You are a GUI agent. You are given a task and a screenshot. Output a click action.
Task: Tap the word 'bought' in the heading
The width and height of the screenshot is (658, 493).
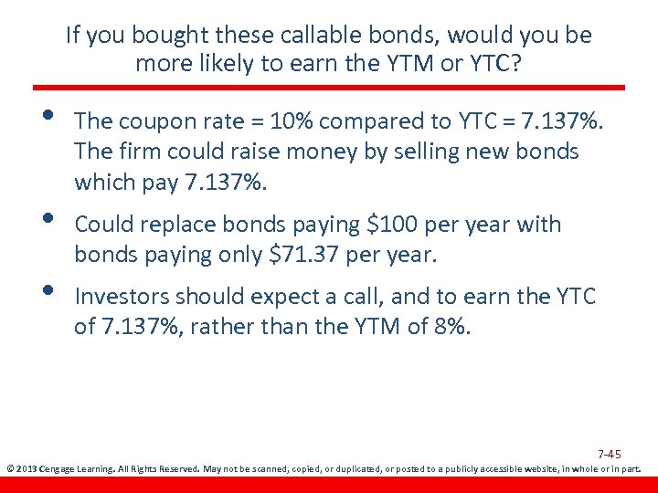164,36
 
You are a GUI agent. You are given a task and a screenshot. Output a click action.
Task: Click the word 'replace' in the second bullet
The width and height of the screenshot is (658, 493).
175,225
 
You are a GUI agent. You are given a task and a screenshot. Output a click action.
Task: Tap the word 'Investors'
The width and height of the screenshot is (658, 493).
122,297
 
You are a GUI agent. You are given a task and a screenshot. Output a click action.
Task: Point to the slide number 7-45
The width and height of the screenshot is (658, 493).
610,454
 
